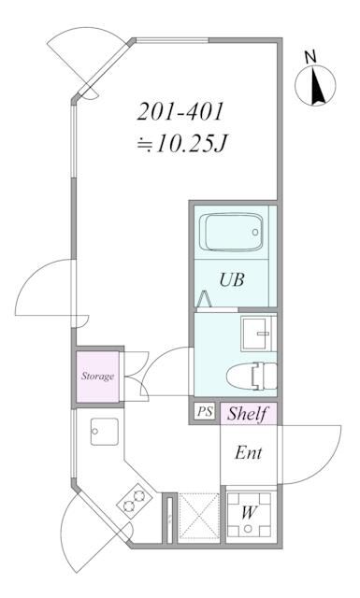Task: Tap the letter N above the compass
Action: (311, 58)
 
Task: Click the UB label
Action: (233, 278)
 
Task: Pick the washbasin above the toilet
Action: (254, 332)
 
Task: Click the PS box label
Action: (204, 412)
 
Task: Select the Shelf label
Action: (248, 413)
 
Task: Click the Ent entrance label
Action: (248, 454)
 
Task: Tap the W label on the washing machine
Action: (248, 512)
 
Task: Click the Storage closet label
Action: (96, 377)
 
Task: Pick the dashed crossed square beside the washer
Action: (197, 515)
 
